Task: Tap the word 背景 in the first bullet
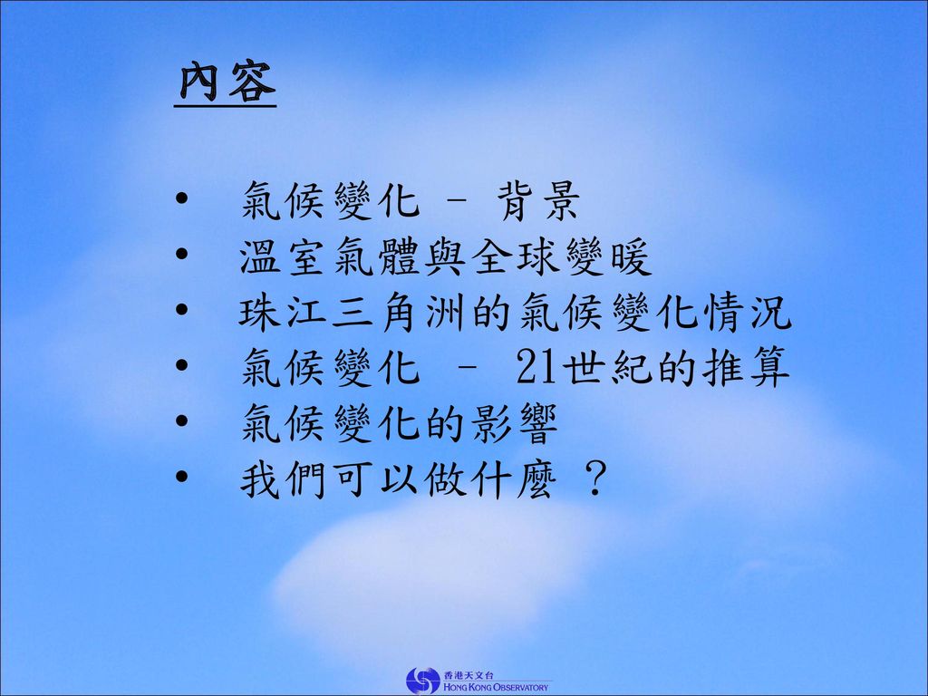pyautogui.click(x=538, y=200)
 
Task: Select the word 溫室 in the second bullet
pyautogui.click(x=281, y=256)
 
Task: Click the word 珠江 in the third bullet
pyautogui.click(x=281, y=312)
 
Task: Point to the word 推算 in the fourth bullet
pyautogui.click(x=747, y=368)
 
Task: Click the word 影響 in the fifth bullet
pyautogui.click(x=515, y=423)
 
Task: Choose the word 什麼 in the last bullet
pyautogui.click(x=515, y=478)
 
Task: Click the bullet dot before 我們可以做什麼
pyautogui.click(x=181, y=476)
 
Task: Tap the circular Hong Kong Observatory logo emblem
pyautogui.click(x=423, y=681)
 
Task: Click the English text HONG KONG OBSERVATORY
pyautogui.click(x=496, y=688)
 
